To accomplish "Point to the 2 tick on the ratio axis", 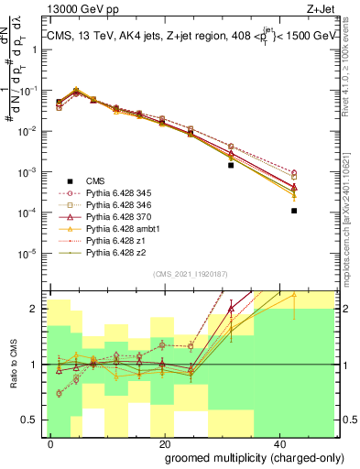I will pos(38,309).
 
